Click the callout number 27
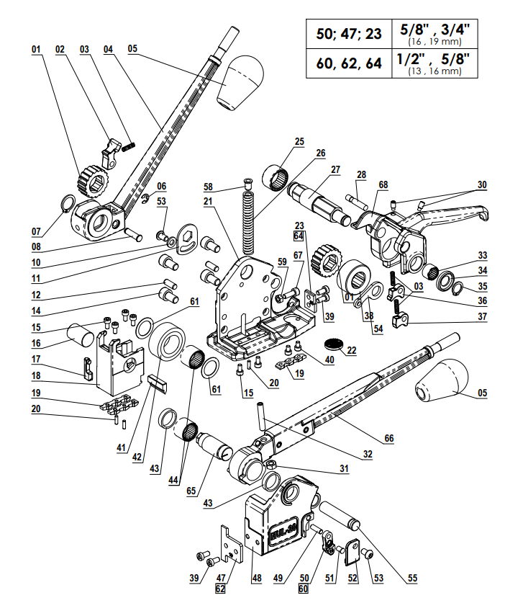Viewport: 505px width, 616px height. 335,171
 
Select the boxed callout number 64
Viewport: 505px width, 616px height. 299,235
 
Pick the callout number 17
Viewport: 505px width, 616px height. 36,357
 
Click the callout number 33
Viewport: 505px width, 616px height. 483,255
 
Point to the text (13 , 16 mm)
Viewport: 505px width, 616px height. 434,71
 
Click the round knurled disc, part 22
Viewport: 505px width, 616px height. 332,342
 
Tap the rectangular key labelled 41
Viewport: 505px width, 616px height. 158,382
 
